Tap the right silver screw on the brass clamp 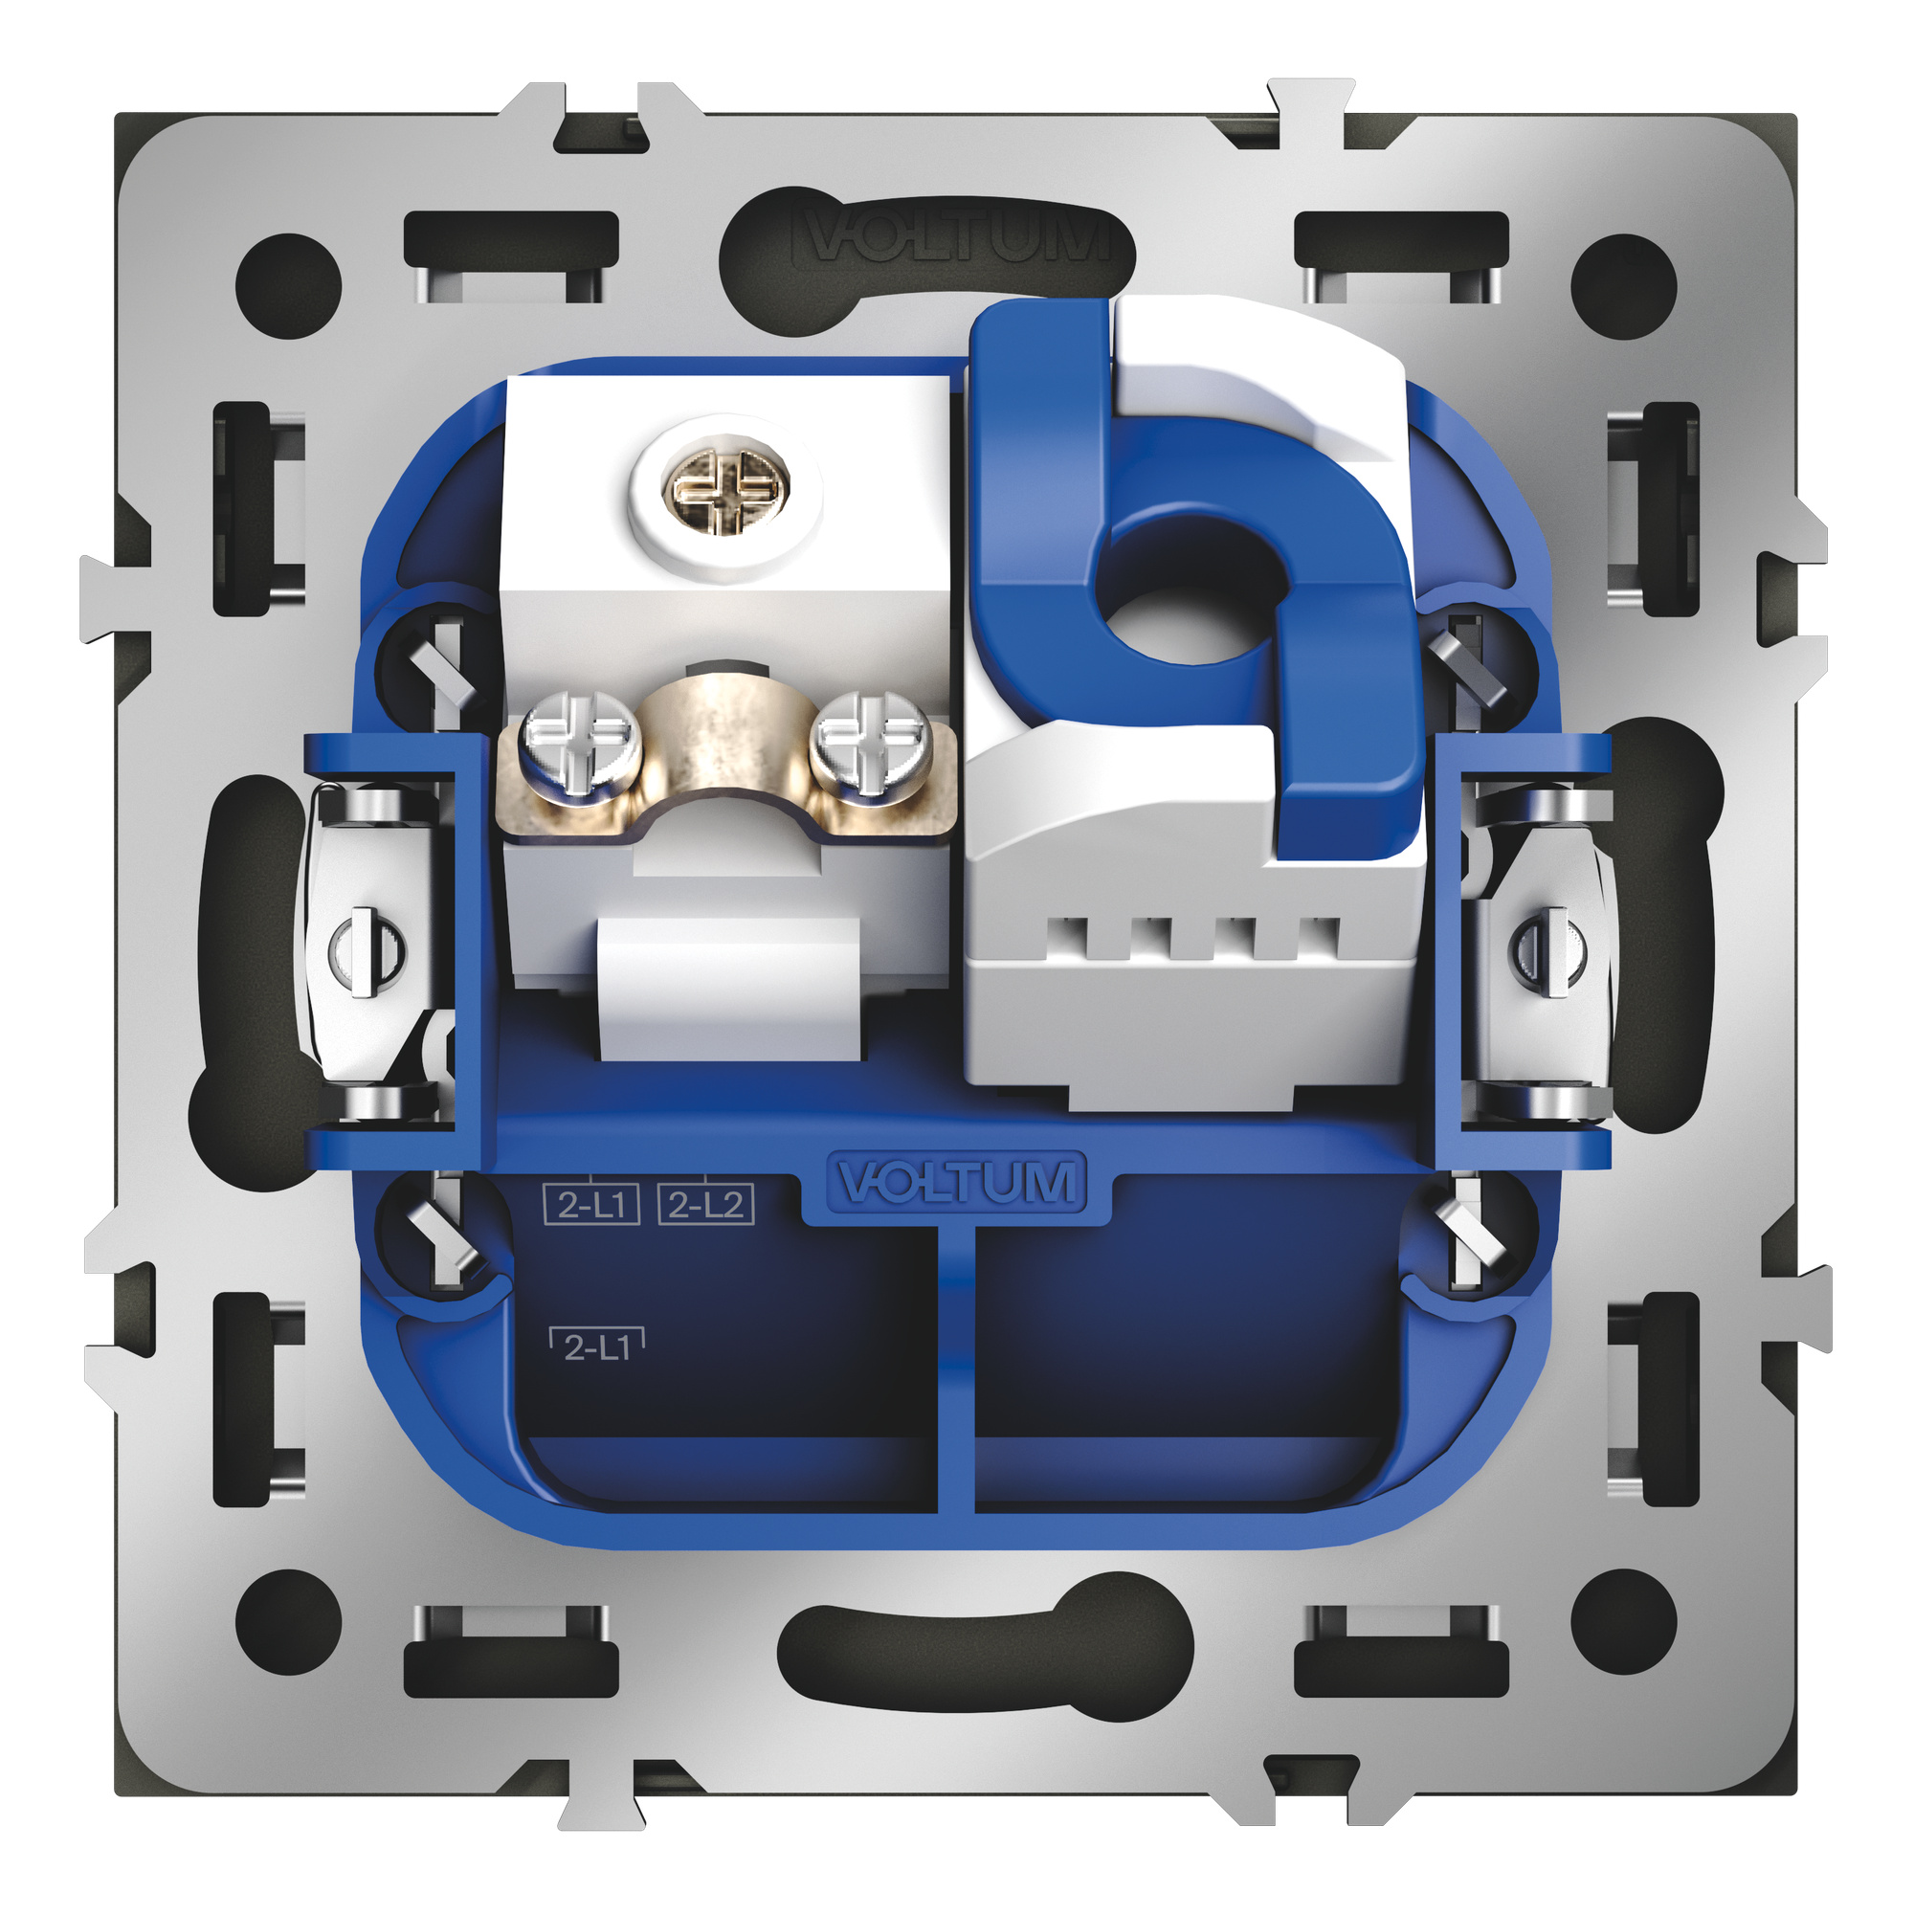coord(867,741)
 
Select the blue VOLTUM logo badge coord(957,1181)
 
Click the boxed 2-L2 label coord(705,1204)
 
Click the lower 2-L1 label coord(597,1345)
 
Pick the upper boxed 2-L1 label coord(591,1204)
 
